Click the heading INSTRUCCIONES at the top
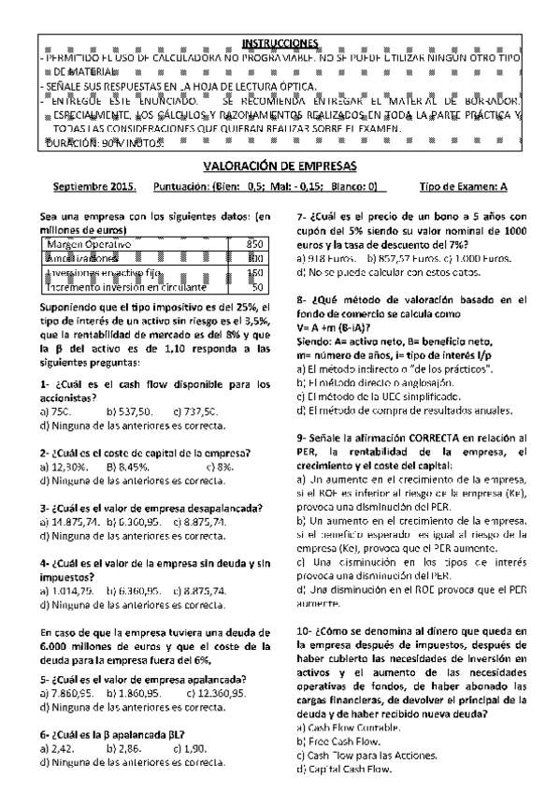280,43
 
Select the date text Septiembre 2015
94,186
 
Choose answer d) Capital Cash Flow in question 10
342,769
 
